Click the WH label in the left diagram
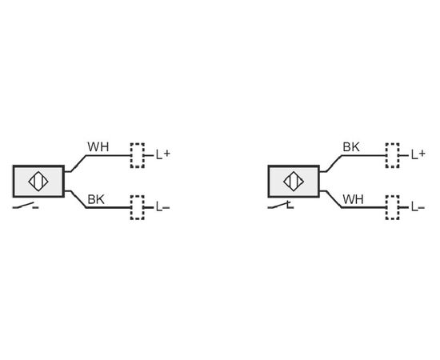[98, 146]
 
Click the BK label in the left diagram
[96, 199]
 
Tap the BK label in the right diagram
[351, 146]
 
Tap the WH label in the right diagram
[353, 199]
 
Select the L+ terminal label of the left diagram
[163, 154]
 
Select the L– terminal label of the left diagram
[162, 207]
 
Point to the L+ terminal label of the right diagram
[418, 154]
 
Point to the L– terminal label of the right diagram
[418, 207]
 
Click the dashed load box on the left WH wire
[138, 155]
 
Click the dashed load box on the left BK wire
[138, 208]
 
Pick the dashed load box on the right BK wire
[393, 155]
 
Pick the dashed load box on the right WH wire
[393, 208]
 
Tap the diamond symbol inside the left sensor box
[38, 182]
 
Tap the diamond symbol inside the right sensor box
[294, 182]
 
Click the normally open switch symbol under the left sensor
[26, 206]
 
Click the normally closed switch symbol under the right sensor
[281, 205]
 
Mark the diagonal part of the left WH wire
[78, 163]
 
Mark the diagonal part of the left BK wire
[78, 199]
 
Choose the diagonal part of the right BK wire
[334, 163]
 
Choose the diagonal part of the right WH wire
[334, 199]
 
